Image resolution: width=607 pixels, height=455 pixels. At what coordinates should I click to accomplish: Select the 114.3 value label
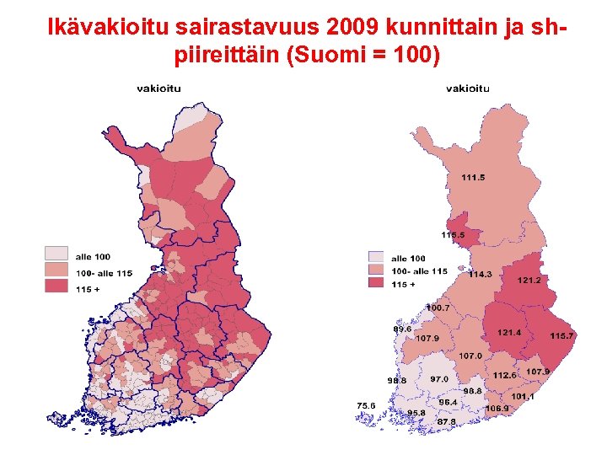[481, 274]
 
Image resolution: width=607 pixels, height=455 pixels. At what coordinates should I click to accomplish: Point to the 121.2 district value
[529, 279]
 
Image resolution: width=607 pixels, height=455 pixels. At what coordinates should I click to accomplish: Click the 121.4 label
[508, 333]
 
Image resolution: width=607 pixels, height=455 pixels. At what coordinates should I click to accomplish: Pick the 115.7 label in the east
[561, 336]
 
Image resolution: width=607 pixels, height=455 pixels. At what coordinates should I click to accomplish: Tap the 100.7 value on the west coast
[437, 308]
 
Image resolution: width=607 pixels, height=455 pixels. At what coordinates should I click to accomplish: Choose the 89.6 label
[402, 329]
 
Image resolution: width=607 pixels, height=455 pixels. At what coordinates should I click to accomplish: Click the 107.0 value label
[470, 356]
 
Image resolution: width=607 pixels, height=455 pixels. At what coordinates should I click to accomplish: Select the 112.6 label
[504, 375]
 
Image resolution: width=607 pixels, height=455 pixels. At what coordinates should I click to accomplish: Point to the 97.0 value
[439, 380]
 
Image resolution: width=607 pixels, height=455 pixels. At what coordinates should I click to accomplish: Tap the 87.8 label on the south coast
[446, 421]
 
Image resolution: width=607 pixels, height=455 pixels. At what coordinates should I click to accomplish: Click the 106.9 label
[497, 409]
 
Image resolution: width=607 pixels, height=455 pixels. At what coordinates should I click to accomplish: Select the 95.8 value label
[416, 413]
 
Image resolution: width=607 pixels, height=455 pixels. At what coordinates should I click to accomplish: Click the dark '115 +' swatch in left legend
[56, 287]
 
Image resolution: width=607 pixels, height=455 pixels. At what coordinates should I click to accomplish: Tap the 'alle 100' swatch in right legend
[376, 258]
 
